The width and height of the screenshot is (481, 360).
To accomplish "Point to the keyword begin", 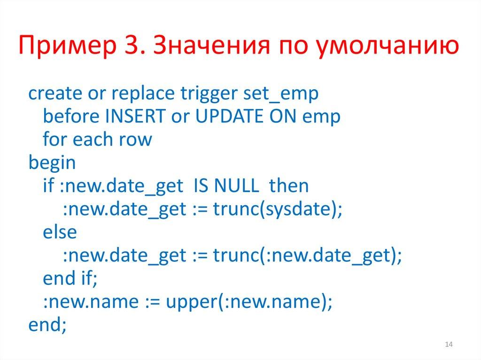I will pyautogui.click(x=52, y=162).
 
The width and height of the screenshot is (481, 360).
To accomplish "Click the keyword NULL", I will pyautogui.click(x=236, y=186).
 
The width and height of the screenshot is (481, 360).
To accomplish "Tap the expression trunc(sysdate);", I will pyautogui.click(x=278, y=209).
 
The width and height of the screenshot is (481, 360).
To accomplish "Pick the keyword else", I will pyautogui.click(x=59, y=232).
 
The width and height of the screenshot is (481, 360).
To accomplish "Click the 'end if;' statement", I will pyautogui.click(x=70, y=278).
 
